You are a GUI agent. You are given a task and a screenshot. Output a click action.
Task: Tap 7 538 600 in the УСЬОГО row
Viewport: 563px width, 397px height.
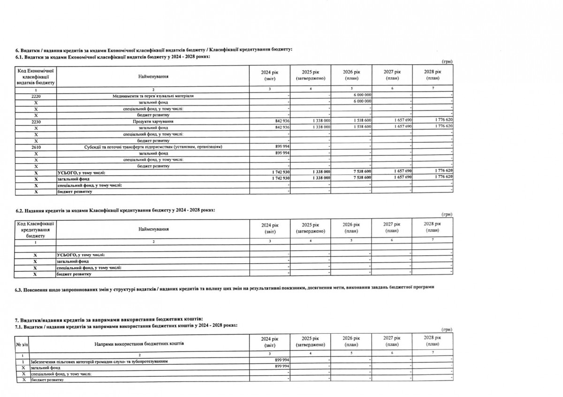[362, 172]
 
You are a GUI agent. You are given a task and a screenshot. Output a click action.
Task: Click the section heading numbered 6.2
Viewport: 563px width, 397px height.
[115, 210]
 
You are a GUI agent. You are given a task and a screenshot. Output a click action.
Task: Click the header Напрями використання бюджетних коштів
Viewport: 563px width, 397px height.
[139, 344]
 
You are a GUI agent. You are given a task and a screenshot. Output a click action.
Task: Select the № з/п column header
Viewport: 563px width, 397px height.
[21, 344]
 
